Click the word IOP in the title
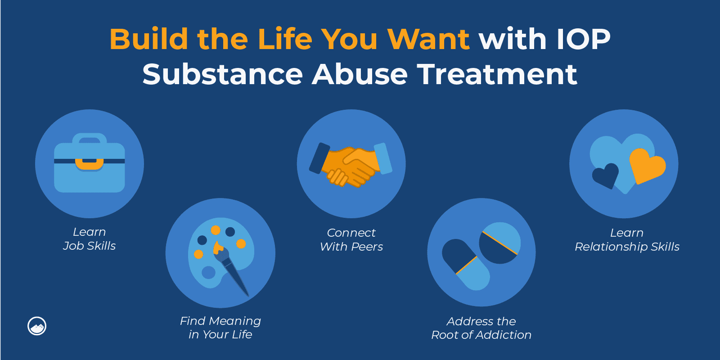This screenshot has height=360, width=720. (583, 39)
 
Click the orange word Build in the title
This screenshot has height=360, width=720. (148, 39)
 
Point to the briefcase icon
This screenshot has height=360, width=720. (90, 165)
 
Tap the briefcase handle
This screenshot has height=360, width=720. (90, 138)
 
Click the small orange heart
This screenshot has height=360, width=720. (646, 166)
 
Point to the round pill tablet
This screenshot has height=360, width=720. (499, 243)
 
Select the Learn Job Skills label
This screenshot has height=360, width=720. (90, 239)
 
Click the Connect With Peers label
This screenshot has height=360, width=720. (351, 240)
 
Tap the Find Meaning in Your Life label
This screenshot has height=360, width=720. (220, 328)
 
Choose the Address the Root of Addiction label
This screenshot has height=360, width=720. (481, 328)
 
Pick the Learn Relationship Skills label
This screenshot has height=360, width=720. (627, 240)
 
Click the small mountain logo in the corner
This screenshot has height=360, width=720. (37, 326)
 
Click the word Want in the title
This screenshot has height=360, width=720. (428, 39)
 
